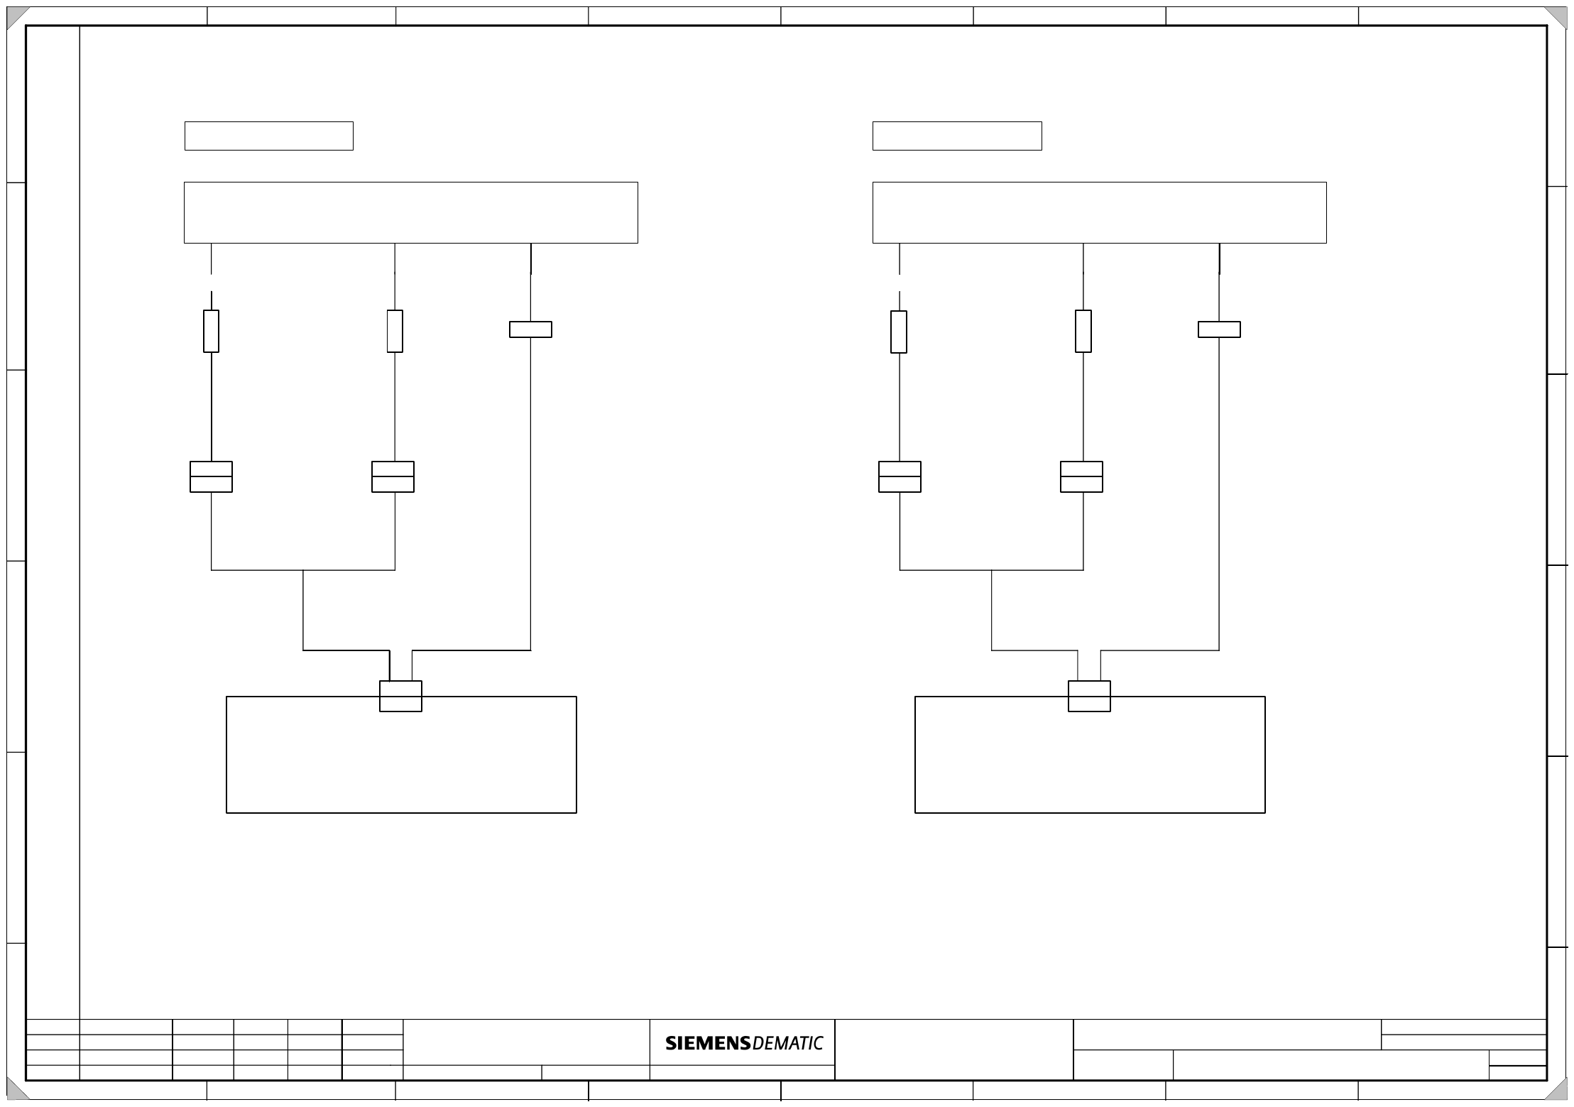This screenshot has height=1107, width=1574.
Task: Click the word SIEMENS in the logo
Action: (707, 1043)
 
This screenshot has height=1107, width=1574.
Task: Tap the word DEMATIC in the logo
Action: (787, 1043)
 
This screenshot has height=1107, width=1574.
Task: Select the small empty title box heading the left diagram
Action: (268, 136)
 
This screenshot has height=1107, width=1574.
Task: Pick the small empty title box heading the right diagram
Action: (956, 136)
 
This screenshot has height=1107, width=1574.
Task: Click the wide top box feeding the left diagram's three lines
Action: (410, 212)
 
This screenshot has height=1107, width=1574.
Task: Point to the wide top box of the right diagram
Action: (1099, 212)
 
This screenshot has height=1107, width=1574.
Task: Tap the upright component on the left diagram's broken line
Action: (211, 331)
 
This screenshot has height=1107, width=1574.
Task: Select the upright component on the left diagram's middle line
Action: (395, 331)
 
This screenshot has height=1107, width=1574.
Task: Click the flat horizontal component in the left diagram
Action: (530, 329)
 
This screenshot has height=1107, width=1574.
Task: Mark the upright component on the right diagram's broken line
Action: (899, 332)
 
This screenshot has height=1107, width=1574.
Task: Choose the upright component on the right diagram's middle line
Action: (1083, 331)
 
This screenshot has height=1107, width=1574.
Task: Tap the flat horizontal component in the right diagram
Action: (1219, 329)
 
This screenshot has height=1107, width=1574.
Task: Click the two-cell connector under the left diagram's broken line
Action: (211, 476)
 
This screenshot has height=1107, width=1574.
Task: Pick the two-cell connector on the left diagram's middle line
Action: (393, 476)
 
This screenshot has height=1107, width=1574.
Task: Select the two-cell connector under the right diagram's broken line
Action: (900, 476)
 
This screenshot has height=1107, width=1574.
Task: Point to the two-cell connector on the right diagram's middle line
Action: (1081, 476)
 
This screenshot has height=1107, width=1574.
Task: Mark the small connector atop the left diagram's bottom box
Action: (400, 696)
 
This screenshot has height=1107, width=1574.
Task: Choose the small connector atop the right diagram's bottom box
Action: (1089, 696)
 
